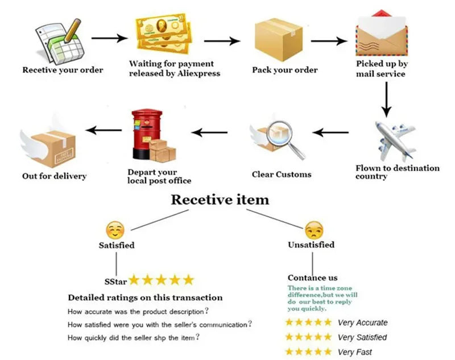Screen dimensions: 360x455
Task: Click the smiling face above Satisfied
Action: (115, 230)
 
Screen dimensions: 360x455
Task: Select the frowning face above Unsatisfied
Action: (313, 229)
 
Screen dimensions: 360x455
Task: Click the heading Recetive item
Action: (220, 200)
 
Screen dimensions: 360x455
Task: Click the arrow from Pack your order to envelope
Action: (329, 42)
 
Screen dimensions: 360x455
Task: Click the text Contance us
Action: (312, 278)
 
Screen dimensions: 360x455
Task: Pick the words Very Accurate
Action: (362, 322)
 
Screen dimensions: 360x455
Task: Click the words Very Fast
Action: (355, 351)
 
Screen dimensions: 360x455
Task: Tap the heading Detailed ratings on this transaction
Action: (145, 297)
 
